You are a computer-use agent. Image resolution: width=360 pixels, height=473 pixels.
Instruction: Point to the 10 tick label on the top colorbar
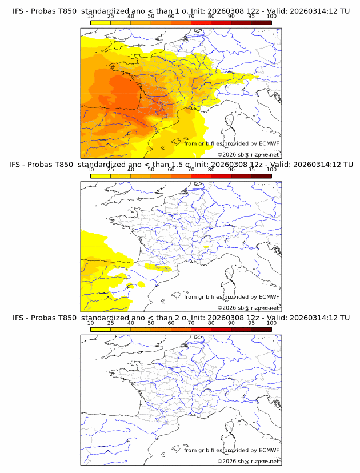(x=90, y=17)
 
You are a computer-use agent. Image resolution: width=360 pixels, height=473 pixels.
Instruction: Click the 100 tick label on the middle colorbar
(x=271, y=170)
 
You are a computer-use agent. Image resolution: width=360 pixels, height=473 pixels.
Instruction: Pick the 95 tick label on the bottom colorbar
(x=251, y=323)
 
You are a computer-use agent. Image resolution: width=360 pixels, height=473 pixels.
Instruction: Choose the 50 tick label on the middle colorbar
(x=151, y=170)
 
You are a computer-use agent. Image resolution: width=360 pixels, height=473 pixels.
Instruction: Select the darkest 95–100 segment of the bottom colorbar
(x=261, y=329)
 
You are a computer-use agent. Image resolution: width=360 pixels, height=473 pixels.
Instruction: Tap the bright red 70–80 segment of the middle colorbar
(x=201, y=176)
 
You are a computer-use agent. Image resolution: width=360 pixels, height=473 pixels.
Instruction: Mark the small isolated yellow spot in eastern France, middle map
(x=206, y=247)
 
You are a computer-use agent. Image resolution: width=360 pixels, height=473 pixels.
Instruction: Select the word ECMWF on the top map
(x=269, y=143)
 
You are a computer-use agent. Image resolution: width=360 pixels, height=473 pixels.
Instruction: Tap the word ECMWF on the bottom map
(x=269, y=450)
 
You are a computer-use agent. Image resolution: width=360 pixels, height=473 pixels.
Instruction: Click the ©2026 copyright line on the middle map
(x=248, y=307)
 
